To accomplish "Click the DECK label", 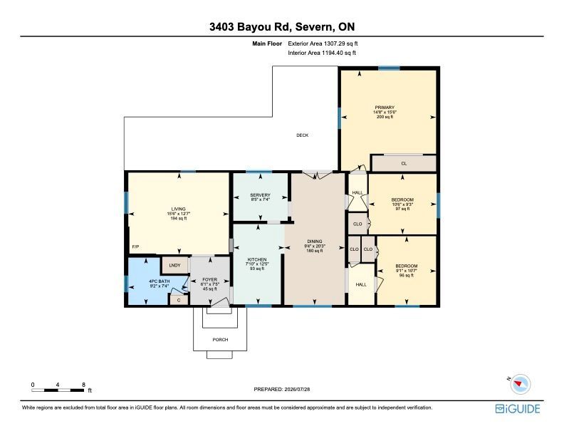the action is click(x=302, y=135).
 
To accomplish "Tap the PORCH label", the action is click(x=220, y=340).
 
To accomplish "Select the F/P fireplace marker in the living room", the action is click(x=135, y=246).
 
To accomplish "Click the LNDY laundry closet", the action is click(x=174, y=266).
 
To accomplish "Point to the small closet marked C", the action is click(x=179, y=300).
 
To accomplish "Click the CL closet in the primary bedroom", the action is click(x=404, y=163).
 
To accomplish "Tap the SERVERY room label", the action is click(x=260, y=195).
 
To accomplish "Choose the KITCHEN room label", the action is click(x=257, y=259).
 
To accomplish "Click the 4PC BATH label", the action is click(x=159, y=281).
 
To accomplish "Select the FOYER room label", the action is click(x=209, y=279).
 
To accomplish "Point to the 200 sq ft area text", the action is click(x=385, y=117).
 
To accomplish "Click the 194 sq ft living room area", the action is click(x=179, y=218).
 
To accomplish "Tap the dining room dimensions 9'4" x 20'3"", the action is click(x=314, y=246).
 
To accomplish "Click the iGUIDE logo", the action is click(x=518, y=409).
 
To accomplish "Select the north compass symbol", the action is click(x=520, y=383).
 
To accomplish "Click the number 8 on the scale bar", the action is click(x=83, y=385).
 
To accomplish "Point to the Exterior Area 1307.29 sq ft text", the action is click(x=323, y=43).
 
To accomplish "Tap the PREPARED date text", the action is click(x=282, y=389).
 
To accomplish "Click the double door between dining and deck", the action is click(x=316, y=175).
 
